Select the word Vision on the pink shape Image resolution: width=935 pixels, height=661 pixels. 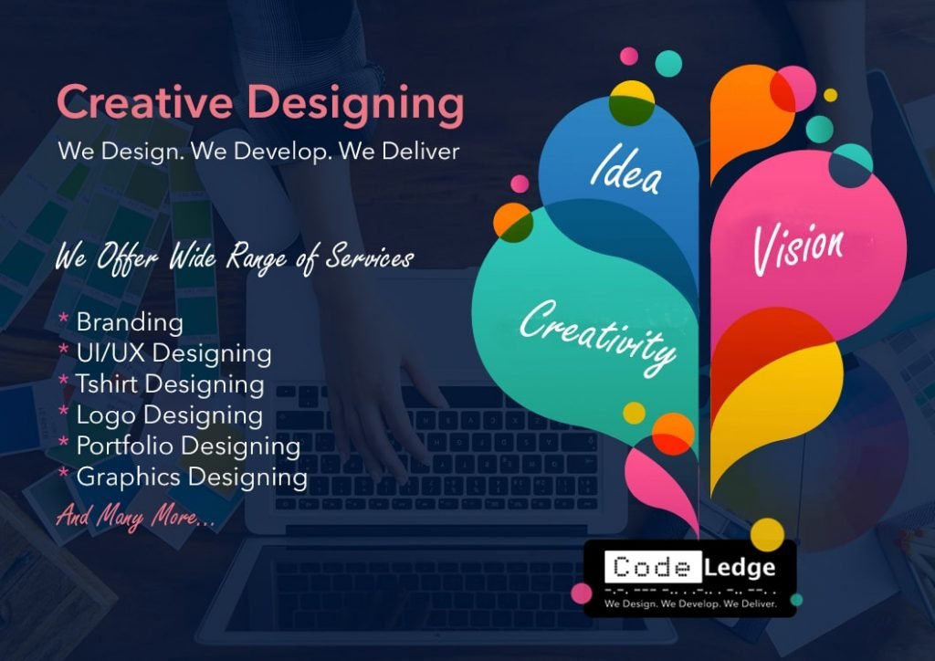tap(798, 248)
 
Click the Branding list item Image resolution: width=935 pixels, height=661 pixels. tap(130, 322)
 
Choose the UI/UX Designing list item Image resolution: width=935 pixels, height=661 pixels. tap(173, 353)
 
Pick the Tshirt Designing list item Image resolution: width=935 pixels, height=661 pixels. tap(170, 384)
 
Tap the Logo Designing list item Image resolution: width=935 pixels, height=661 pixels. tap(169, 415)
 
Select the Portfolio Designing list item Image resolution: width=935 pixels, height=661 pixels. tap(188, 446)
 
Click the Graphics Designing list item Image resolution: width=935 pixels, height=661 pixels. tap(192, 477)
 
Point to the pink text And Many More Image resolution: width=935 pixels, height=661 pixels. tap(135, 516)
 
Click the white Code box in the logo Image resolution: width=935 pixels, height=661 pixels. tap(652, 567)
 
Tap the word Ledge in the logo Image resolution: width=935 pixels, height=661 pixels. tap(740, 568)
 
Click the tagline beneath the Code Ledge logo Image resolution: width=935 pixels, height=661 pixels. tap(690, 603)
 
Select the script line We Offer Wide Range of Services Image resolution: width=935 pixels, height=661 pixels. tap(235, 258)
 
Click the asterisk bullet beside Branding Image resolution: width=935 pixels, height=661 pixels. tap(63, 319)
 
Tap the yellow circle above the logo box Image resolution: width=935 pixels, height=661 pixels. tap(767, 534)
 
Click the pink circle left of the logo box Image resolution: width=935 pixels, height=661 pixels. tap(582, 593)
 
